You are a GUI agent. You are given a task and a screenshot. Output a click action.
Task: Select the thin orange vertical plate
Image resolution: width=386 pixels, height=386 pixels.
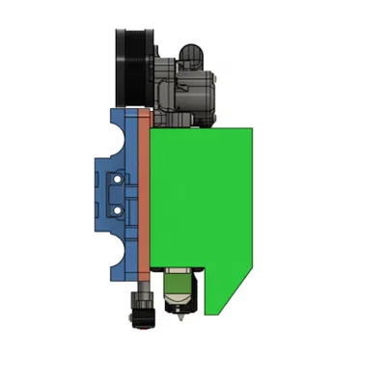click(144, 193)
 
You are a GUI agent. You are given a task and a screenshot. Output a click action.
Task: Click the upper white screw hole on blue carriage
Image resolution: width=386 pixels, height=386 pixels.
click(118, 179)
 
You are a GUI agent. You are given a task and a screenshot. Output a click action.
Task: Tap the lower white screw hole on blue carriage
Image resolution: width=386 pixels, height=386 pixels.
click(118, 207)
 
